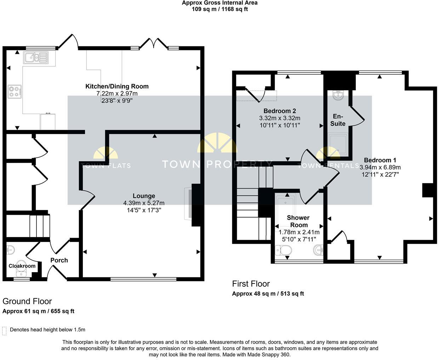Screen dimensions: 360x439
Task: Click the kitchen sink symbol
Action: tap(36, 57)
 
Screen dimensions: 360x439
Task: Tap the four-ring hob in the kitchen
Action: tap(15, 92)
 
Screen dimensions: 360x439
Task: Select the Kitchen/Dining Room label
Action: tap(117, 86)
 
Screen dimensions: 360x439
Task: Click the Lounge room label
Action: tap(144, 196)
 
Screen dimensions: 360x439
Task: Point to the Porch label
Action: tap(59, 260)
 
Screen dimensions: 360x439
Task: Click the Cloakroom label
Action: tap(22, 266)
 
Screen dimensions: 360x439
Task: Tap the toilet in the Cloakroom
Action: tap(23, 273)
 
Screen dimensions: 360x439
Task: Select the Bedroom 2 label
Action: tap(280, 111)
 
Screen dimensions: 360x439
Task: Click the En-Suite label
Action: tap(338, 120)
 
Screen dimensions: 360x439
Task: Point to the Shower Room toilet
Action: tap(284, 251)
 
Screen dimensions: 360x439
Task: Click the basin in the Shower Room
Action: tap(318, 251)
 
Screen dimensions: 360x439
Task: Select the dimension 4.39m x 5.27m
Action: tap(144, 203)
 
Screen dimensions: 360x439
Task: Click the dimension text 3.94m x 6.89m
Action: tap(380, 167)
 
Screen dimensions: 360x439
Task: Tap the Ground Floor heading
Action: tap(27, 301)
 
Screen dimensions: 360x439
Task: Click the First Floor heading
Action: tap(251, 284)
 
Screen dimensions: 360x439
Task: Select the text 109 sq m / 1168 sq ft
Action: tap(219, 9)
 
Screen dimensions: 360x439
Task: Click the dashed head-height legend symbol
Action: tap(4, 331)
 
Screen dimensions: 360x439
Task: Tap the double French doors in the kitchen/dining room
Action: tap(154, 44)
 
